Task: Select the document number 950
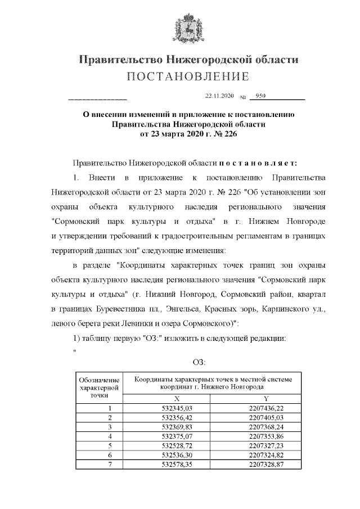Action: tap(260, 96)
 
